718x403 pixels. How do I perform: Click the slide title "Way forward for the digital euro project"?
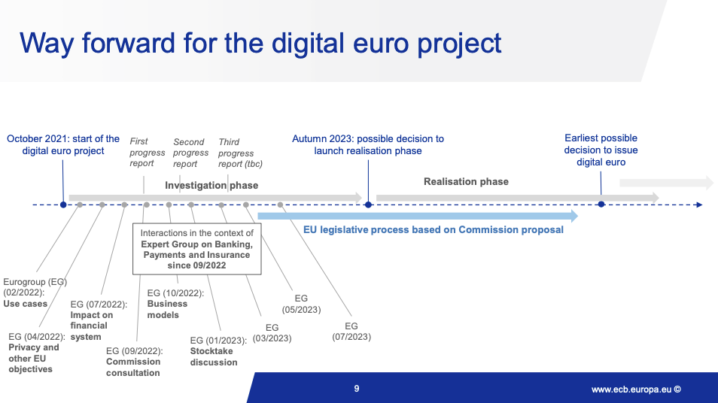(260, 44)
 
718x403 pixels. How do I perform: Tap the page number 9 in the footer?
(357, 389)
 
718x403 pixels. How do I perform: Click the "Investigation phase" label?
(211, 185)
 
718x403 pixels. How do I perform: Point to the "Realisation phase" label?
(466, 182)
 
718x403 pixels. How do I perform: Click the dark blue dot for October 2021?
(64, 205)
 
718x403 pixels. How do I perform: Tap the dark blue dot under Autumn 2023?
(368, 205)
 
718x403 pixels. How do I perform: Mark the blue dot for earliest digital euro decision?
(601, 204)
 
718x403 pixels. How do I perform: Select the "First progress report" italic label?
(147, 153)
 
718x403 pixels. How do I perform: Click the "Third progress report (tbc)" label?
(240, 153)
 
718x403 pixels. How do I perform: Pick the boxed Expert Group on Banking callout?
(197, 249)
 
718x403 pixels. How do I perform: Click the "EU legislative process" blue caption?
(434, 229)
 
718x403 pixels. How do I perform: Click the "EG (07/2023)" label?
(351, 332)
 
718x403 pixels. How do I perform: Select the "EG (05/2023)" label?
(301, 304)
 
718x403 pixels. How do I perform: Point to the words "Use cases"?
(25, 304)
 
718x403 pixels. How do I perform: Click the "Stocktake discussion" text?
(214, 357)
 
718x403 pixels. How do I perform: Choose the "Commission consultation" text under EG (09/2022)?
(133, 368)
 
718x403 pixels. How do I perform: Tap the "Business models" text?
(167, 309)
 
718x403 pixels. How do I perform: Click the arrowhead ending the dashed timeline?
(699, 205)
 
